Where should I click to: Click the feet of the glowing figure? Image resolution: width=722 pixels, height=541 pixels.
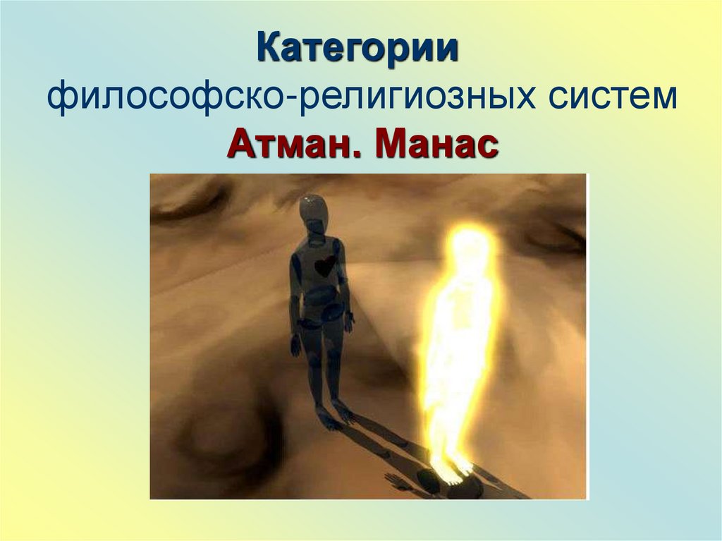(x=451, y=468)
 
